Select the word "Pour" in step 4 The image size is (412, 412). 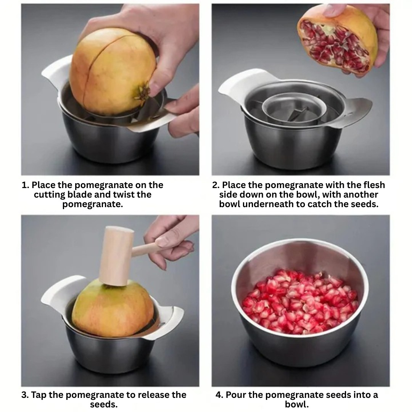click(235, 395)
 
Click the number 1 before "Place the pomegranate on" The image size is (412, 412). click(24, 185)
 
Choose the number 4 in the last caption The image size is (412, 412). click(219, 395)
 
